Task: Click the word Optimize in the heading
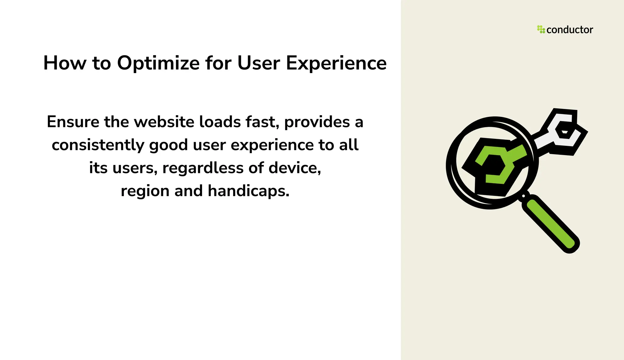[158, 63]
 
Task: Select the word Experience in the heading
[336, 63]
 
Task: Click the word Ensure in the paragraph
[73, 122]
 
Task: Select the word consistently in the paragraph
[98, 145]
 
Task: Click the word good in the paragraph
[168, 146]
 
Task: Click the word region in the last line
[145, 191]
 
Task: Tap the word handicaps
[248, 191]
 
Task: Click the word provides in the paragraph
[317, 122]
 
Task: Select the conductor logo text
[569, 30]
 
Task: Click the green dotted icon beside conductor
[541, 29]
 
